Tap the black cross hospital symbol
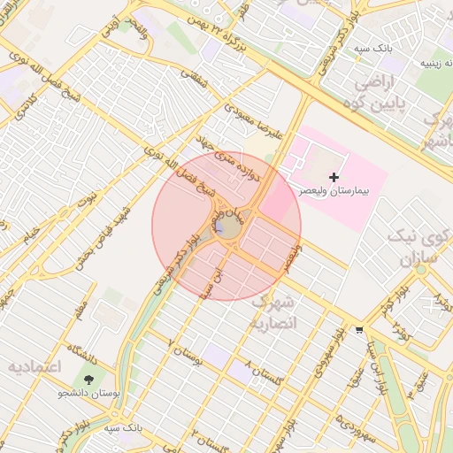tap(334, 178)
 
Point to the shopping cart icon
tap(357, 330)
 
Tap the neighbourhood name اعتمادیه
tap(34, 365)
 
